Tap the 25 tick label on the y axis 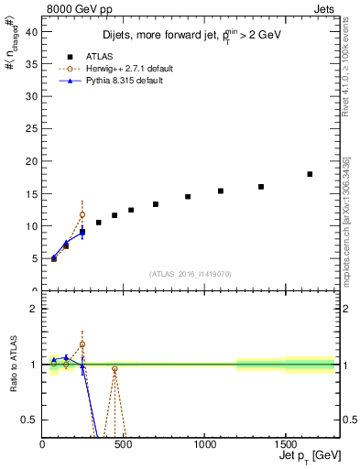(32, 128)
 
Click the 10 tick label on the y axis (32, 225)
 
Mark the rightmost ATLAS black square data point (310, 174)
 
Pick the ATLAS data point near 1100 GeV (221, 191)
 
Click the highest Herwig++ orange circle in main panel (82, 215)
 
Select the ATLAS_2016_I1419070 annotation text (191, 273)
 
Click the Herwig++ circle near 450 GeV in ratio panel (115, 369)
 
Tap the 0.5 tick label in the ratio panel (31, 420)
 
